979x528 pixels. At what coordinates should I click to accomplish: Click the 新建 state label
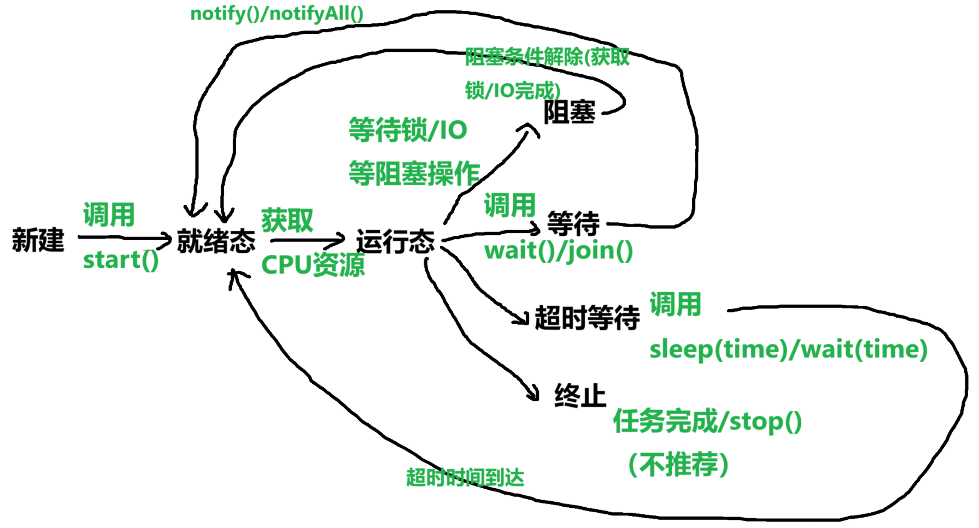coord(38,240)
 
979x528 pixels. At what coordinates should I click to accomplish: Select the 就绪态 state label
coord(216,241)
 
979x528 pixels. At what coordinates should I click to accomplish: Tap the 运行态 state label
coord(395,241)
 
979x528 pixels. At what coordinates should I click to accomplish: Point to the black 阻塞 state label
coord(569,113)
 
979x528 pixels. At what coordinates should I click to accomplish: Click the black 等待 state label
coord(573,223)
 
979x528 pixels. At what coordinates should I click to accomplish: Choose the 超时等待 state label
coord(587,318)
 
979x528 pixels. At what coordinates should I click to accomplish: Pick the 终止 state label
coord(580,396)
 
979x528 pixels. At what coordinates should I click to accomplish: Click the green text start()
coord(121,260)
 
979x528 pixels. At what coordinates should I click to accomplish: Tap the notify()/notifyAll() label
coord(277,14)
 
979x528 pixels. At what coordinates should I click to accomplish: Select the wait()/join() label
coord(559,251)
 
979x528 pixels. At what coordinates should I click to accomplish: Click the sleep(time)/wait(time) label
coord(788,349)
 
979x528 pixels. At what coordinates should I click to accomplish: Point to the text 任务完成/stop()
coord(707,422)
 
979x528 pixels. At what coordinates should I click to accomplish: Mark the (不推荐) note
coord(678,465)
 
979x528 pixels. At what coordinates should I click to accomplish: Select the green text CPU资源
coord(313,265)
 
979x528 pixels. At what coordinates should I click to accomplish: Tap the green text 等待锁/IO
coord(408,130)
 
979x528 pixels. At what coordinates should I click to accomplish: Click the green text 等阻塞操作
coord(414,174)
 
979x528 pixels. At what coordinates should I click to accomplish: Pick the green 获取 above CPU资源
coord(287,220)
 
